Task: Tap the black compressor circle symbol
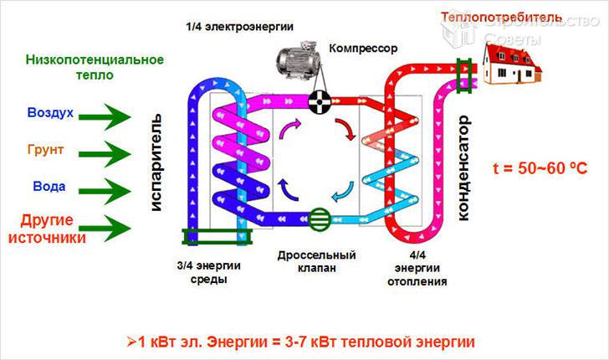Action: (x=319, y=103)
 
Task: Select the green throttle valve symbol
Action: (x=320, y=219)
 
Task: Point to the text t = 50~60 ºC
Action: (x=540, y=167)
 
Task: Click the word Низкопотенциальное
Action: (x=94, y=59)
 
